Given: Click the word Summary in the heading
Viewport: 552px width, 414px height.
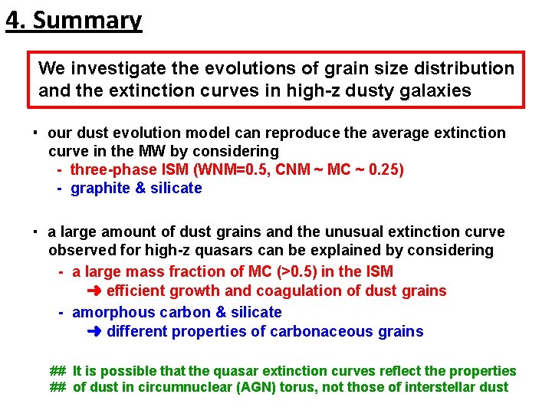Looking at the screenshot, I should (x=87, y=20).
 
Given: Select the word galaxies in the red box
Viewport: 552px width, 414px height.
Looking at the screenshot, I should (x=433, y=90).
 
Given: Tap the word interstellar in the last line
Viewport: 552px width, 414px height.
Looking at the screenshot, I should (x=434, y=387).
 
